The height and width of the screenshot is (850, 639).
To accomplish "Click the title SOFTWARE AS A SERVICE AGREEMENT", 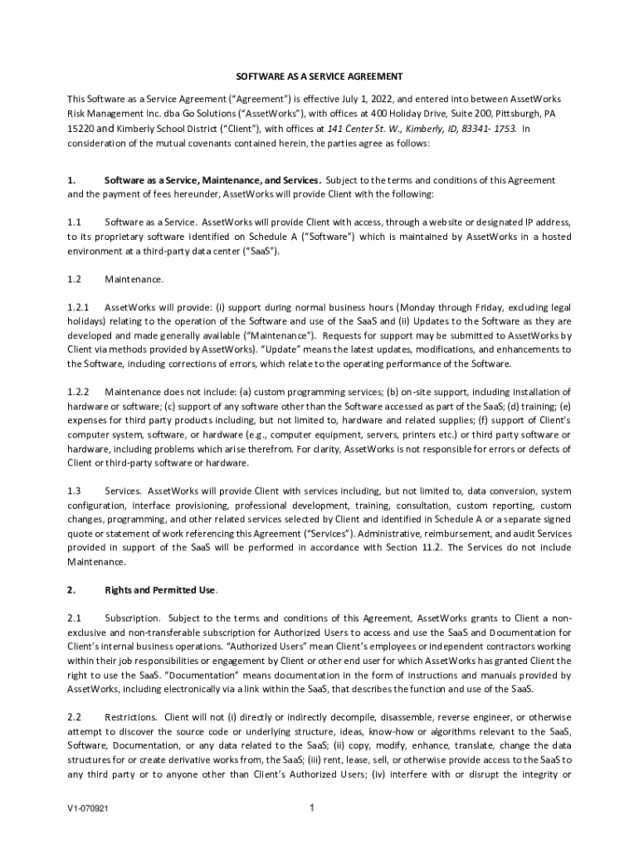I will [x=319, y=76].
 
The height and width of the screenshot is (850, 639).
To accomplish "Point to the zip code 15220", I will [x=82, y=129].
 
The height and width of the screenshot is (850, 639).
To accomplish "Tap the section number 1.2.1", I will [x=78, y=306].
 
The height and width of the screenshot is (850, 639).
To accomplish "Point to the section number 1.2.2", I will [x=78, y=391].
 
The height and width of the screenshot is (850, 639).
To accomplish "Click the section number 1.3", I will [x=74, y=491].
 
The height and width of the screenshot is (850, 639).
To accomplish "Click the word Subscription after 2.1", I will [x=132, y=618].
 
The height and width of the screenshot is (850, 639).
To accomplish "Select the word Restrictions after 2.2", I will [x=132, y=716].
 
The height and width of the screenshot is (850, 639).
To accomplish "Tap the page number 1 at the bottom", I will [x=310, y=808].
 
